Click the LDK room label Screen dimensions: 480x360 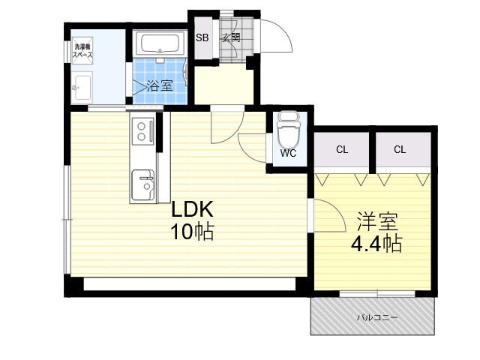[x=192, y=210]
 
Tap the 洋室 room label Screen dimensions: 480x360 [x=377, y=221]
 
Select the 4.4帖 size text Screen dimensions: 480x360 [x=376, y=244]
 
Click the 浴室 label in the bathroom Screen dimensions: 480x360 [x=160, y=85]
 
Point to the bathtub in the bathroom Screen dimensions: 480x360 [x=160, y=43]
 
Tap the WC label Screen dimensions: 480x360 [x=288, y=153]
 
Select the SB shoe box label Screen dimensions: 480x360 [x=202, y=37]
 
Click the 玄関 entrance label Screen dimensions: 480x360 [x=231, y=37]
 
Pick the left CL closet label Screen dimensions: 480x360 [x=342, y=150]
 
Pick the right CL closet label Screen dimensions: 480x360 [x=400, y=150]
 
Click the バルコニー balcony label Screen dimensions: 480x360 [x=377, y=317]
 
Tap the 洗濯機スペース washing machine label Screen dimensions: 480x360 [x=82, y=51]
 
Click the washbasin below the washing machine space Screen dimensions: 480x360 [x=82, y=88]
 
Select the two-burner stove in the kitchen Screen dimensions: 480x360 [x=143, y=131]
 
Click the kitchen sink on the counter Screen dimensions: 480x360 [x=143, y=185]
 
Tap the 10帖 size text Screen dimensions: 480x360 [x=192, y=232]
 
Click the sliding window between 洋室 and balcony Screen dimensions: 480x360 [x=377, y=293]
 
